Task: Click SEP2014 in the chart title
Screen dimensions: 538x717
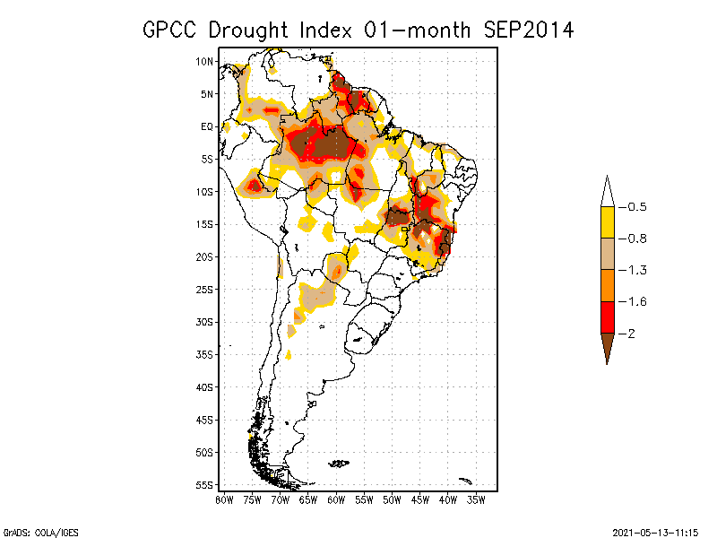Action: click(528, 30)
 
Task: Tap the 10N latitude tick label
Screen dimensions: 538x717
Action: click(205, 61)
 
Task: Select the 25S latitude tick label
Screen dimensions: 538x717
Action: click(205, 289)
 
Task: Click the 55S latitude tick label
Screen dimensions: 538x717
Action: click(205, 484)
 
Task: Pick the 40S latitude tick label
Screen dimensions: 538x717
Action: click(205, 386)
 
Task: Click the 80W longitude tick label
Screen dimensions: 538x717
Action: click(224, 499)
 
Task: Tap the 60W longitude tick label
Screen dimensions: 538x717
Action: click(336, 499)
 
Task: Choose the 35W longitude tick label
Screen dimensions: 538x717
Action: click(476, 499)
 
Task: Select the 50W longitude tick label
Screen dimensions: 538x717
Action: click(392, 499)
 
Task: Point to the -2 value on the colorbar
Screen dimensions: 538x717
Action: click(631, 333)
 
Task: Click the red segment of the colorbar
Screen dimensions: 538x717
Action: click(607, 317)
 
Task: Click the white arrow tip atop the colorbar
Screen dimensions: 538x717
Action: click(607, 193)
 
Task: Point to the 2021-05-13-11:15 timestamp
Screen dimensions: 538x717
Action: click(654, 530)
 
